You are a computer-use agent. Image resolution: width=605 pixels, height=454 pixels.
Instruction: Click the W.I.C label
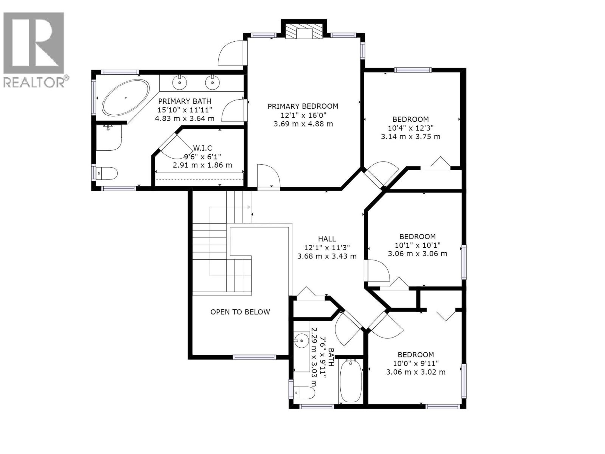tap(202, 148)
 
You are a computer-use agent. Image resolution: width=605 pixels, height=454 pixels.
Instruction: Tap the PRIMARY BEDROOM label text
tap(303, 106)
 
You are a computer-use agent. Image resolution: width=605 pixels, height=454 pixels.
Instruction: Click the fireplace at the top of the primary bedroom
tap(304, 31)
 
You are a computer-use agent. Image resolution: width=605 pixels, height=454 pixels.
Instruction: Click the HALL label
tap(327, 239)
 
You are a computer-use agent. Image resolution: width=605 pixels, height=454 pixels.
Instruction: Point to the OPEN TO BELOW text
tap(240, 312)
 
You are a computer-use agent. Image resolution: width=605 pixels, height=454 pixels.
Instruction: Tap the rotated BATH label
tap(331, 357)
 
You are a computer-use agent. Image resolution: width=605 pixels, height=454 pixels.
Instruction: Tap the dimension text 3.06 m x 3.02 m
tap(416, 372)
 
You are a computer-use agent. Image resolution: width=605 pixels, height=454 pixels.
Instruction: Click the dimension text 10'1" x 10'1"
tap(417, 245)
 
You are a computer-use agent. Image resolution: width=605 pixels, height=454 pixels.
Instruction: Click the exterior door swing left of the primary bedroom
tap(230, 53)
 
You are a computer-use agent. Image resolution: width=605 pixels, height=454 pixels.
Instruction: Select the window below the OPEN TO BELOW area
tap(254, 357)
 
